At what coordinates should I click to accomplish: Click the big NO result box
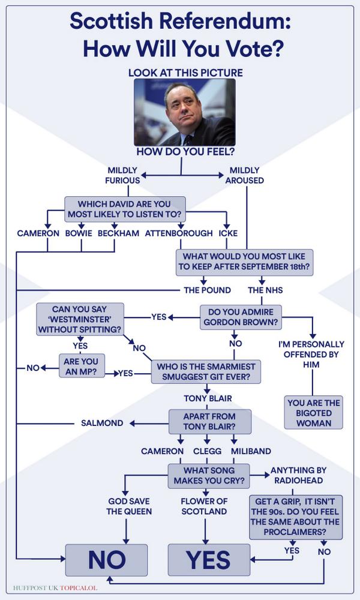coord(106,560)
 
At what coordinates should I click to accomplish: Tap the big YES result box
coord(208,560)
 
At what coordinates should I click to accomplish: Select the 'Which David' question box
coord(125,209)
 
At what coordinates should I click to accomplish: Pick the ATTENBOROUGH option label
coord(179,233)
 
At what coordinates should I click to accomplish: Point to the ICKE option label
coord(227,233)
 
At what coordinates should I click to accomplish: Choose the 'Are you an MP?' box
coord(82,365)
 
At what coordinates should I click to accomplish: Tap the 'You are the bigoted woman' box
coord(313,412)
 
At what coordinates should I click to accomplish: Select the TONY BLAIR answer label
coord(208,398)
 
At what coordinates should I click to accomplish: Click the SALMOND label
coord(102,423)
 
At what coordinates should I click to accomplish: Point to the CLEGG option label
coord(207,451)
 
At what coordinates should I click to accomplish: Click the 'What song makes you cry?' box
coord(208,476)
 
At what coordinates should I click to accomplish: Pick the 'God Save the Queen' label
coord(129,506)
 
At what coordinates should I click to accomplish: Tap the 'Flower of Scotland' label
coord(205,506)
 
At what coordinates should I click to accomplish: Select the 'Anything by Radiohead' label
coord(296,476)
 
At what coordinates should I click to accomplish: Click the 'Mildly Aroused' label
coord(244,175)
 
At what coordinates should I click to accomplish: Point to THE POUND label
coord(207,290)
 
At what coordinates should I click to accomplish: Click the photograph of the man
coord(184,112)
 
